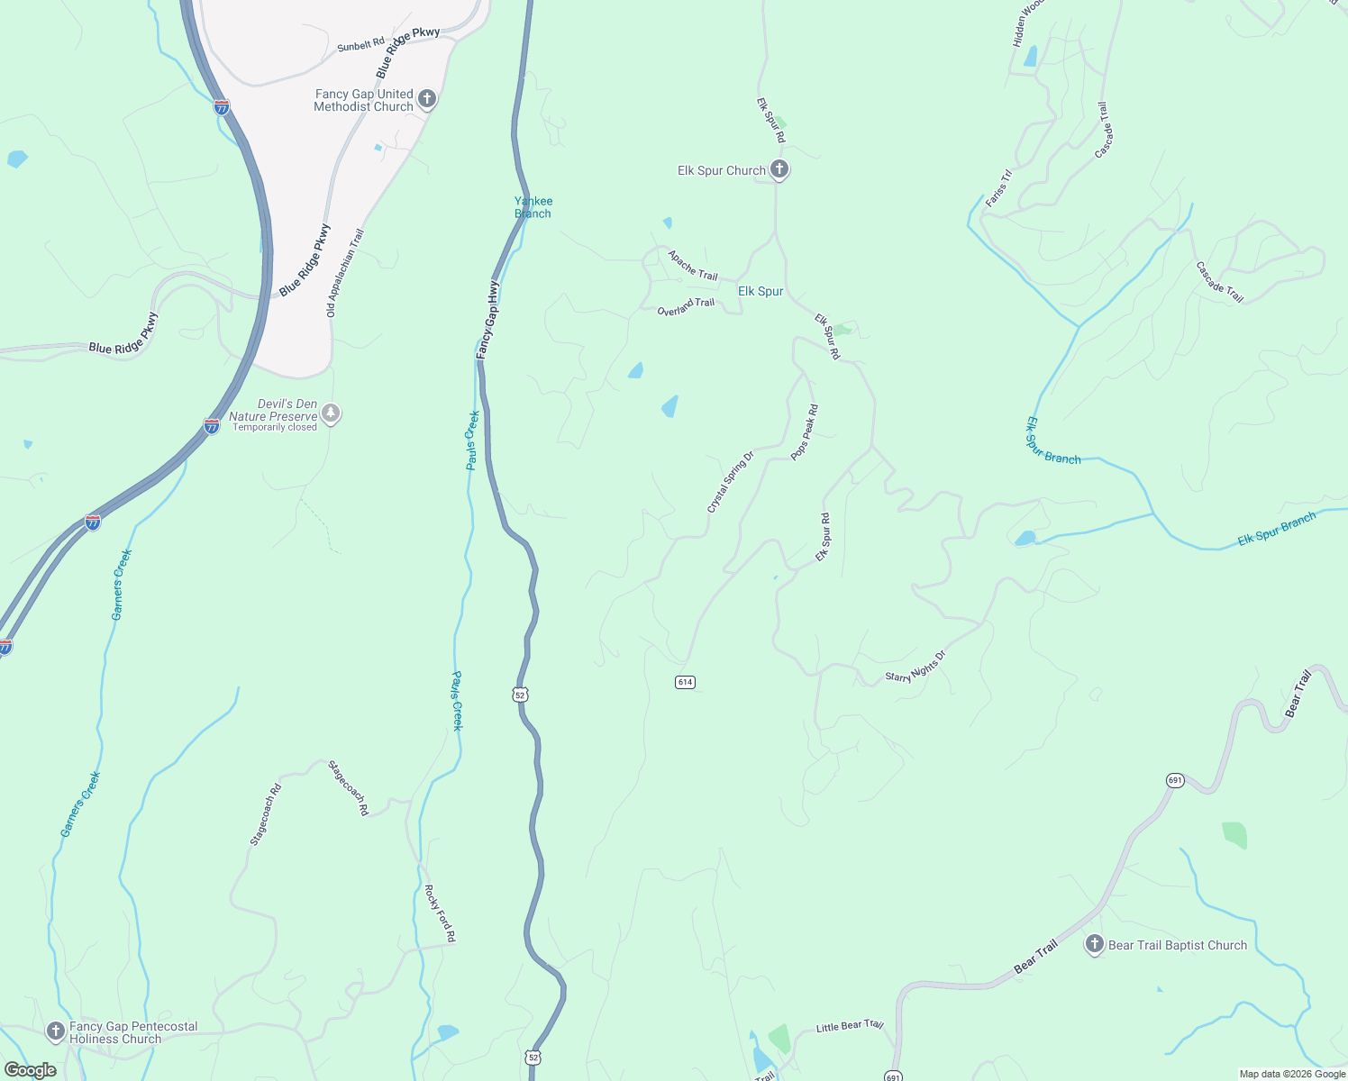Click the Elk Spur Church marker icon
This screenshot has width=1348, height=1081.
point(779,169)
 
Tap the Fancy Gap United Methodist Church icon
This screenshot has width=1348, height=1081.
point(427,99)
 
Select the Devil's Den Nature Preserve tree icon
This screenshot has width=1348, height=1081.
point(331,413)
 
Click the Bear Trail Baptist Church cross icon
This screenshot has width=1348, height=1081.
point(1094,944)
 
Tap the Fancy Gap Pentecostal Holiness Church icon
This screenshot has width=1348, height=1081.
point(56,1031)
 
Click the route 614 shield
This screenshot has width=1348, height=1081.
point(685,682)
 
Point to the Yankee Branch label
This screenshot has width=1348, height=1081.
point(533,207)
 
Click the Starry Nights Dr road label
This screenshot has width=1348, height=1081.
point(915,667)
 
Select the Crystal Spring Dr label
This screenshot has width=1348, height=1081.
point(730,483)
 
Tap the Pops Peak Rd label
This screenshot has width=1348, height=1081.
point(805,432)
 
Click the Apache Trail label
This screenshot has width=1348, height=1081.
point(693,265)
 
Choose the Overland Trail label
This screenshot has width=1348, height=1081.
point(686,307)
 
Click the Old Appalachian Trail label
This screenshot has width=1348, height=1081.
point(344,273)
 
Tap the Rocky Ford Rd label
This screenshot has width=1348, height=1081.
point(440,913)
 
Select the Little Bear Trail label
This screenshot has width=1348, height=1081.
point(849,1026)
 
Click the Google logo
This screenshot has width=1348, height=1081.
point(30,1070)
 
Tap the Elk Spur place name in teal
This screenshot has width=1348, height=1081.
point(761,291)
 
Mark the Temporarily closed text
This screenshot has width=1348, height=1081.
point(275,427)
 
